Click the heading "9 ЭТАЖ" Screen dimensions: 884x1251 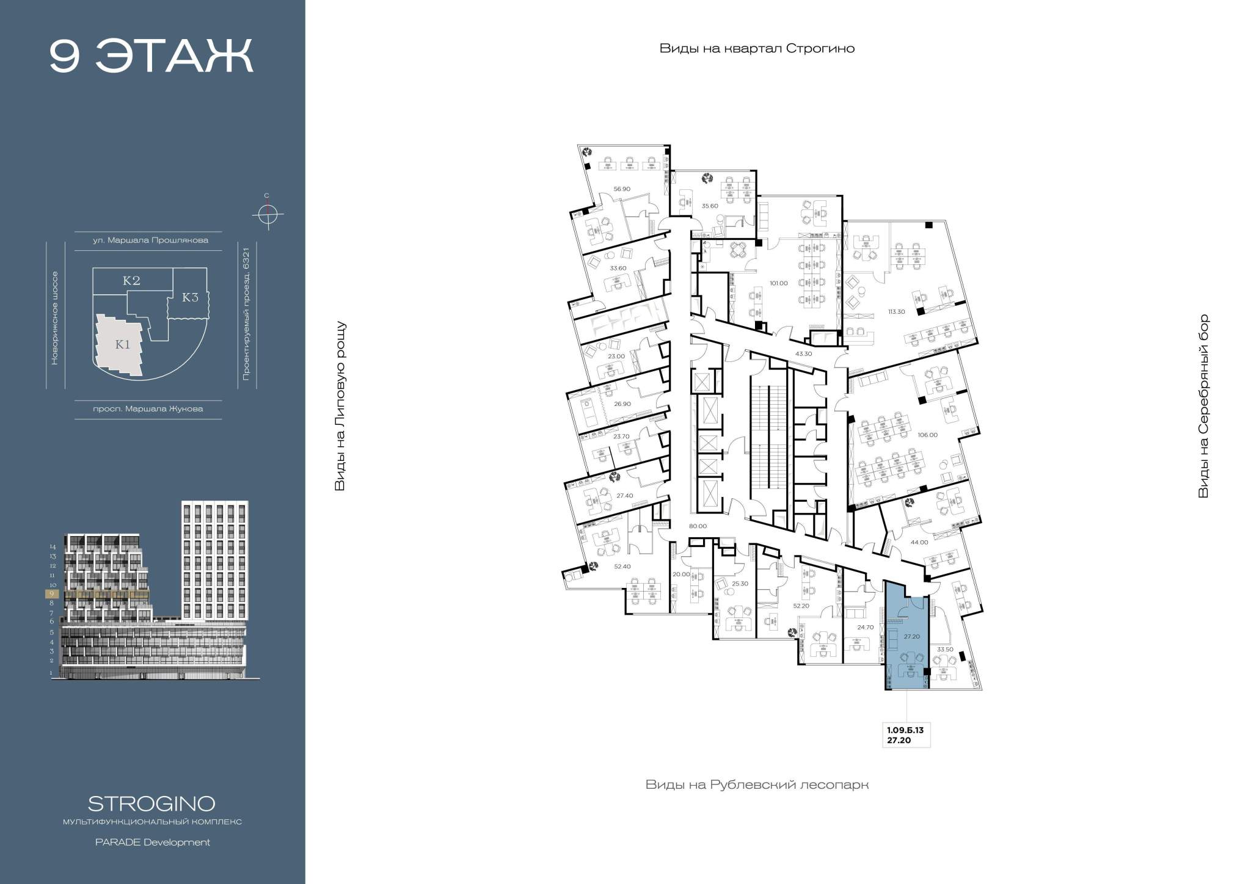pyautogui.click(x=151, y=57)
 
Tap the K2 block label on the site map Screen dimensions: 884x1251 pyautogui.click(x=131, y=281)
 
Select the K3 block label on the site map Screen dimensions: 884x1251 pyautogui.click(x=191, y=298)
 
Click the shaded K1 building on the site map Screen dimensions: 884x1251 pyautogui.click(x=119, y=345)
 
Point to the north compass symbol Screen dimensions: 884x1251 pyautogui.click(x=267, y=214)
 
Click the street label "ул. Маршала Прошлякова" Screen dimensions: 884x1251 pyautogui.click(x=150, y=241)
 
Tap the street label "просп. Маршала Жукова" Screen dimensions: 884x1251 pyautogui.click(x=148, y=409)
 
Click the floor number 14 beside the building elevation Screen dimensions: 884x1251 pyautogui.click(x=53, y=547)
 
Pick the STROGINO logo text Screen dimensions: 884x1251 pyautogui.click(x=151, y=803)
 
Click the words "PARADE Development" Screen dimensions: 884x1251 pyautogui.click(x=152, y=842)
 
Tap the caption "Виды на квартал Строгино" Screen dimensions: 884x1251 pyautogui.click(x=757, y=49)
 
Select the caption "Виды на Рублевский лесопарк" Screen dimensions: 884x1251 pyautogui.click(x=757, y=784)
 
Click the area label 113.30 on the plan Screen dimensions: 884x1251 pyautogui.click(x=897, y=312)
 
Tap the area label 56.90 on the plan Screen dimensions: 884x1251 pyautogui.click(x=622, y=189)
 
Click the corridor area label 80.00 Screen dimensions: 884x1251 pyautogui.click(x=698, y=526)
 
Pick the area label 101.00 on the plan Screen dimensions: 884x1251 pyautogui.click(x=779, y=283)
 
